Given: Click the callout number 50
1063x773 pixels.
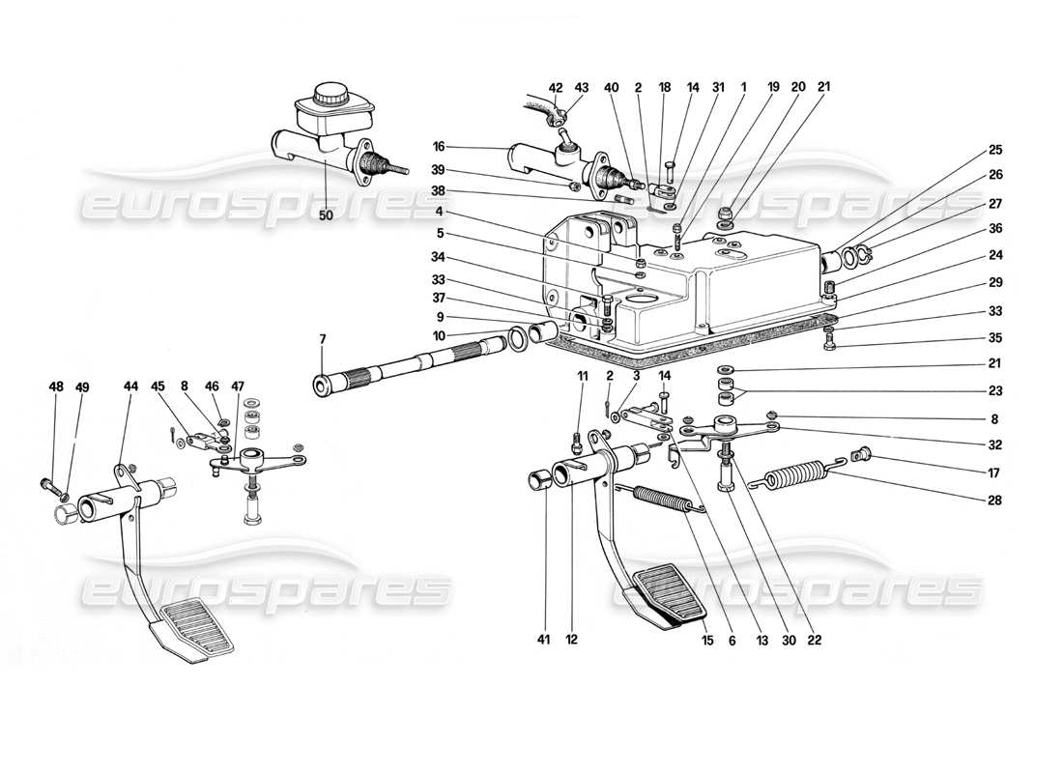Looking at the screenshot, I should coord(326,215).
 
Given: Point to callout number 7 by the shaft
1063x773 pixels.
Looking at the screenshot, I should coord(323,338).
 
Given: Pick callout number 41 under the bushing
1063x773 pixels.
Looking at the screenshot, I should coord(544,639).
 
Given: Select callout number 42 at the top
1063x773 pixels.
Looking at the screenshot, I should coord(555,88).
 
